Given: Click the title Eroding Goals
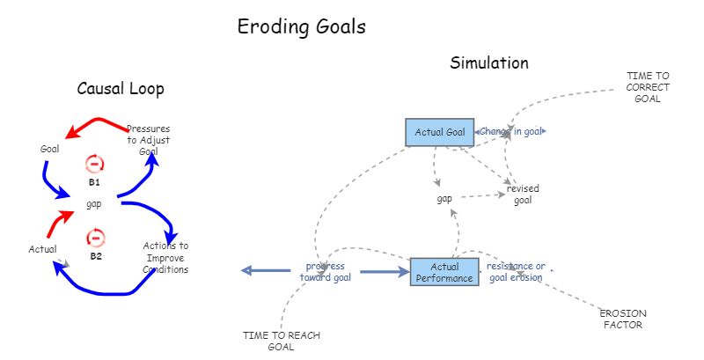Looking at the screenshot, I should tap(301, 27).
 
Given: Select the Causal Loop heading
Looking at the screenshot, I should tap(121, 89).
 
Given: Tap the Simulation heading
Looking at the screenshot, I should tap(489, 63).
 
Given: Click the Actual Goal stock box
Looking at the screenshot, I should tap(439, 133).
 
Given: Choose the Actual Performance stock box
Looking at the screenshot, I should tap(444, 272).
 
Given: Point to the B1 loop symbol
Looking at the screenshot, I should tap(95, 164).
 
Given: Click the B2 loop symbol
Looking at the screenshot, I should tap(96, 238).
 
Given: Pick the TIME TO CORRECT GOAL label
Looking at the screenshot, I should tap(648, 87).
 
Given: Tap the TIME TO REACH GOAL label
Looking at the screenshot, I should tap(280, 341).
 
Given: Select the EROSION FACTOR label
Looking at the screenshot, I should tap(622, 319).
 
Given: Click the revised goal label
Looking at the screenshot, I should tap(523, 195).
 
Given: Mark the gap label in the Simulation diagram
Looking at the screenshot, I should tap(444, 199).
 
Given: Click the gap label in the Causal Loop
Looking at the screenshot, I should tap(94, 203).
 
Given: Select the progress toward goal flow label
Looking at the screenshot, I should tap(325, 271).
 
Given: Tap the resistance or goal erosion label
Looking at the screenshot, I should tap(516, 271).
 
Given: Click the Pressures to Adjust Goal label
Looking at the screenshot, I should tap(148, 140).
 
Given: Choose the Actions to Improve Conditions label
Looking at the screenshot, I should tap(165, 257).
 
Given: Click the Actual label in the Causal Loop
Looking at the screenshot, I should tap(42, 249).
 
